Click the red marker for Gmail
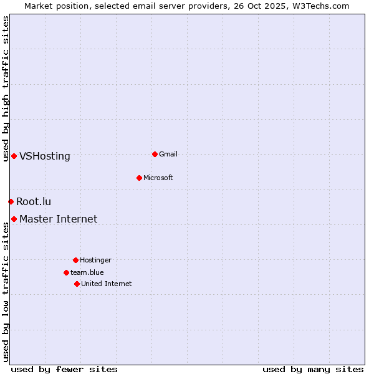click(x=155, y=154)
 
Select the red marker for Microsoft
click(x=140, y=178)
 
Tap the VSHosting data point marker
click(x=14, y=156)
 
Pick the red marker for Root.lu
click(x=11, y=201)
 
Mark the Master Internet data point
click(x=14, y=219)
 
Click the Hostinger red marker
click(x=75, y=260)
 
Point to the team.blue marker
click(x=66, y=272)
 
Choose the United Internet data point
click(x=77, y=284)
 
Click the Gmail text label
click(x=168, y=154)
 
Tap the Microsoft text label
click(x=158, y=178)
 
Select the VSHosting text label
click(x=45, y=156)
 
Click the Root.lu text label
click(x=34, y=201)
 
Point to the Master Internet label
click(x=59, y=219)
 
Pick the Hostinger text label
click(x=95, y=260)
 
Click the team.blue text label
click(x=87, y=272)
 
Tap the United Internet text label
click(x=107, y=284)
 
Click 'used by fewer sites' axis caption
click(x=64, y=369)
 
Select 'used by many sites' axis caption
click(x=313, y=369)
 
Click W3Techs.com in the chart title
click(x=320, y=6)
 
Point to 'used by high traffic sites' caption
click(x=6, y=89)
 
